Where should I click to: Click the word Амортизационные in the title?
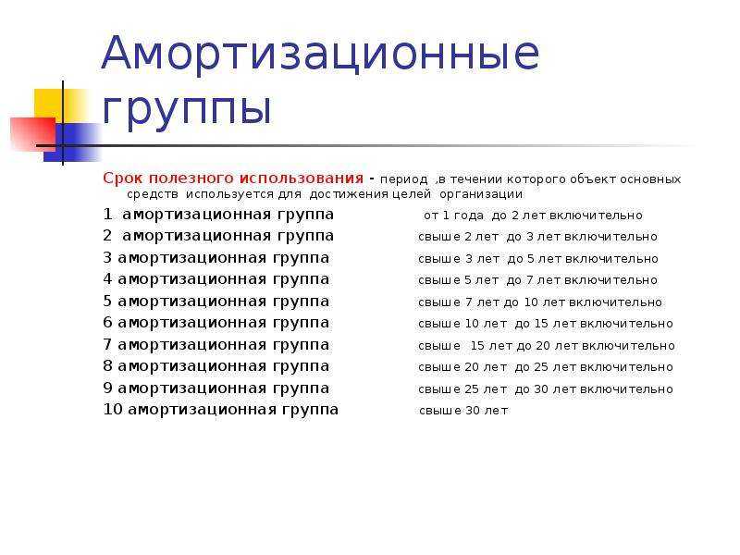[x=320, y=53]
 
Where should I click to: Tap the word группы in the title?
[x=187, y=108]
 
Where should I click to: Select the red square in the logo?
[x=33, y=133]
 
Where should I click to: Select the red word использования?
[x=302, y=179]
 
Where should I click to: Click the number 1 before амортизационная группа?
[x=107, y=215]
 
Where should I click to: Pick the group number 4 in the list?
[x=107, y=279]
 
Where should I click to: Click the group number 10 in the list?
[x=113, y=409]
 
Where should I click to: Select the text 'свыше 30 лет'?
[x=463, y=411]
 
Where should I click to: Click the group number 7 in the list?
[x=107, y=344]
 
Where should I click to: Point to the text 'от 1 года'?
[x=453, y=216]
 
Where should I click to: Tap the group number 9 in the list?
[x=107, y=388]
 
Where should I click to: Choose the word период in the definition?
[x=403, y=179]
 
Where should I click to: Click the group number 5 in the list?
[x=107, y=301]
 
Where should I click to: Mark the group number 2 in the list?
[x=107, y=235]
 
